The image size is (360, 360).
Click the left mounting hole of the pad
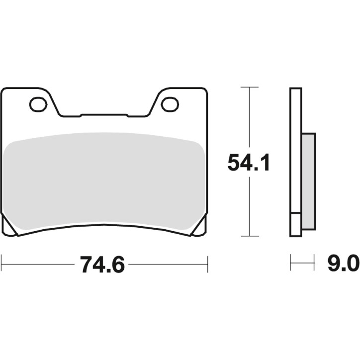click(x=38, y=104)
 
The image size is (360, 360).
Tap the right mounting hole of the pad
click(x=170, y=104)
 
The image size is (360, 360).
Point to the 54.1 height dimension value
click(x=249, y=163)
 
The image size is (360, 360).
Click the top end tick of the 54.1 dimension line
click(x=250, y=88)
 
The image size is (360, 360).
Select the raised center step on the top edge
click(x=104, y=115)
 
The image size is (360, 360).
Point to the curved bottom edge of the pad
click(x=104, y=227)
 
